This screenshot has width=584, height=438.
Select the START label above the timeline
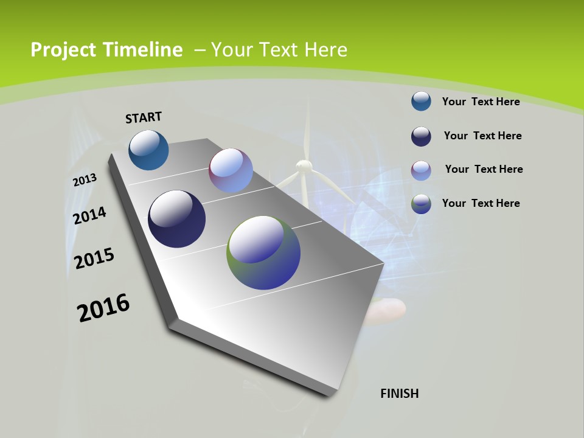point(144,117)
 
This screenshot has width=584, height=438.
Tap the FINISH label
point(399,394)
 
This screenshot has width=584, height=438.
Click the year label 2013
point(85,180)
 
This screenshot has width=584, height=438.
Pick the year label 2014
point(89,215)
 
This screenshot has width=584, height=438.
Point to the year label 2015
point(94,259)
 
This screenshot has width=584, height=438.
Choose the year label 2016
point(103,308)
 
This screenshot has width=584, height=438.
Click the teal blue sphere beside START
point(148,150)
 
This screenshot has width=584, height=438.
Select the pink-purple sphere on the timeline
point(231,170)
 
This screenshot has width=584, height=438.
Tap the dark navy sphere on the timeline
point(176,219)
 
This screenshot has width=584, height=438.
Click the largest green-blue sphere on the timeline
point(263,252)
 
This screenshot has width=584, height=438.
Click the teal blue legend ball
point(421,101)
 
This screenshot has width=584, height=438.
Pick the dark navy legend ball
point(421,136)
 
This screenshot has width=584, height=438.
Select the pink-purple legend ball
point(421,170)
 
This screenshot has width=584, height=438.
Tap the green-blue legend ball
point(421,204)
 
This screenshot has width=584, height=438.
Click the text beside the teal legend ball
point(481,102)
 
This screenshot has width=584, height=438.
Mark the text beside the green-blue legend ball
point(481,203)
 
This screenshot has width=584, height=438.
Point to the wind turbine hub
point(304,166)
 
